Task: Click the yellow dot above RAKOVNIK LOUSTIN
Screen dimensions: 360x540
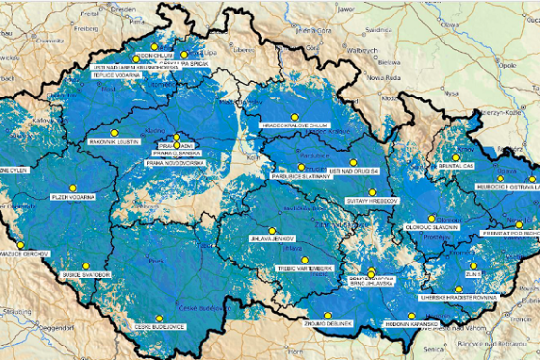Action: (114, 131)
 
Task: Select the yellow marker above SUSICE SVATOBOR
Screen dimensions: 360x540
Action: (85, 265)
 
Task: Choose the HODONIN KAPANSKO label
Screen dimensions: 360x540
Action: (410, 326)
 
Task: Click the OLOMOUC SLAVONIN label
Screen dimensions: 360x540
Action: (431, 227)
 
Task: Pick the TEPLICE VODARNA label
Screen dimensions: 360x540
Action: (115, 75)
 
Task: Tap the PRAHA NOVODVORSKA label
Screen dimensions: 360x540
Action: (176, 162)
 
